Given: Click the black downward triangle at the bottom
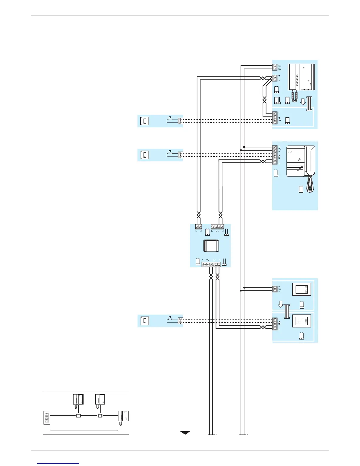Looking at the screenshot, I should pos(185,433).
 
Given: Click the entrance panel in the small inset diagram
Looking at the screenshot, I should pos(46,417).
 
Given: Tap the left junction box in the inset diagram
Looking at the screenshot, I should pos(78,416).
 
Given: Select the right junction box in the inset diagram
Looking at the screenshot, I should pos(100,416).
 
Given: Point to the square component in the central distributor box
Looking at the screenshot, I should pos(211,246).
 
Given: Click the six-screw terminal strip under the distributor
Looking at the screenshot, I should pos(211,265).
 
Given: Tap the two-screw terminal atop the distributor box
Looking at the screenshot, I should pos(199,227).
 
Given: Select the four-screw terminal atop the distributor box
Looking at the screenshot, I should pos(217,227).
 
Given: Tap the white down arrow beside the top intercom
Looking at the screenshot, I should pos(303,102).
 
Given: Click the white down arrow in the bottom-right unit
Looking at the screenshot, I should pos(281,304).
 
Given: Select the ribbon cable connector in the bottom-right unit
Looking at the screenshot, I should pos(287,312).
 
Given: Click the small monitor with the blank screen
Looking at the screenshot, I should pos(301,289).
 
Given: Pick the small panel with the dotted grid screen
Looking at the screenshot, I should pos(301,321).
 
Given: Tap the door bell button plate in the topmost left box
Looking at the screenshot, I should pos(144,121).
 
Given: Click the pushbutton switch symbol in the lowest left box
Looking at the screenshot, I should pos(170,319).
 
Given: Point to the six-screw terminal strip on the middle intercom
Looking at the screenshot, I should pos(275,155).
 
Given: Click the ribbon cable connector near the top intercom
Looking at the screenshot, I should pos(309,104).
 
